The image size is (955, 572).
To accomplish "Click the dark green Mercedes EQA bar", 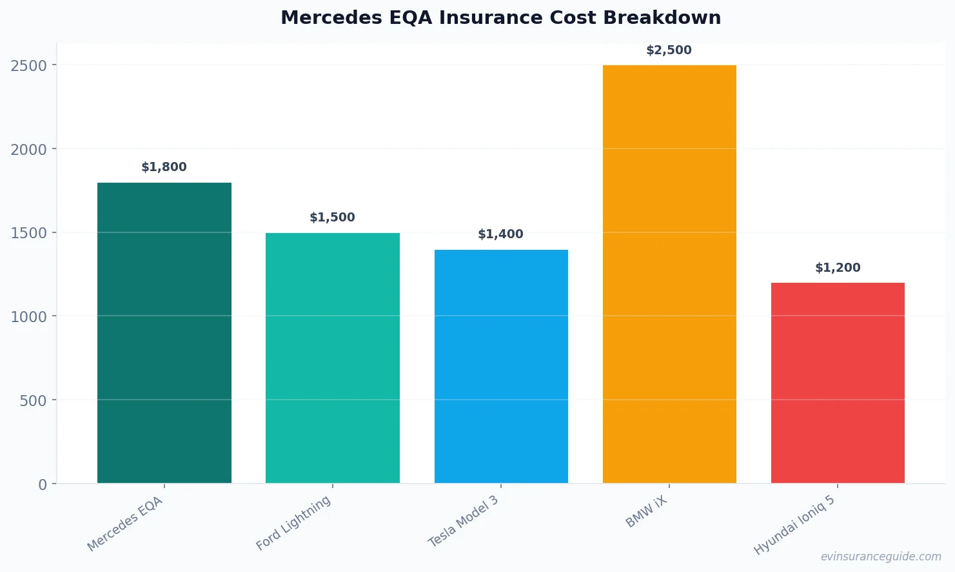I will (164, 332).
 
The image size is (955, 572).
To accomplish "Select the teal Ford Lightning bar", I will (332, 358).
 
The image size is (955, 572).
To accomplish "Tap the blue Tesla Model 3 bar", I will (501, 366).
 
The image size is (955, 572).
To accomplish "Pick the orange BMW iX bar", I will (669, 274).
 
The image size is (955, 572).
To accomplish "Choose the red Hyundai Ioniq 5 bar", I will (838, 383).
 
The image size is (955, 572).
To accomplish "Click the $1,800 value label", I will (164, 167).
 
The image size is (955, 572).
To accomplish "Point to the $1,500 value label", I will (332, 218).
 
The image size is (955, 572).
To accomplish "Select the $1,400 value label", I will (500, 234).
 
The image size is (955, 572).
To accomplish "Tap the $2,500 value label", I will (669, 50).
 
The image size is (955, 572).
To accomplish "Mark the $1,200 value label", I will (838, 268).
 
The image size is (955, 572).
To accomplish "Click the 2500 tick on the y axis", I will (29, 66).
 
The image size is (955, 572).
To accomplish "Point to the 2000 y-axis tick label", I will (29, 150).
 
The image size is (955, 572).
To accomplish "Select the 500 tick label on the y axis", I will (34, 401).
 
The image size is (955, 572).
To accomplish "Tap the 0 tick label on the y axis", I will (43, 485).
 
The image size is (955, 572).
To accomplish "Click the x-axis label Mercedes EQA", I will (126, 524).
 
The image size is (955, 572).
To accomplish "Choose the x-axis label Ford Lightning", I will (294, 523).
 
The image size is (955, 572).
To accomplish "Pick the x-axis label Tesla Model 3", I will (464, 522).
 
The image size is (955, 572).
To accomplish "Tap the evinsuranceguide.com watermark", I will (881, 557).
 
